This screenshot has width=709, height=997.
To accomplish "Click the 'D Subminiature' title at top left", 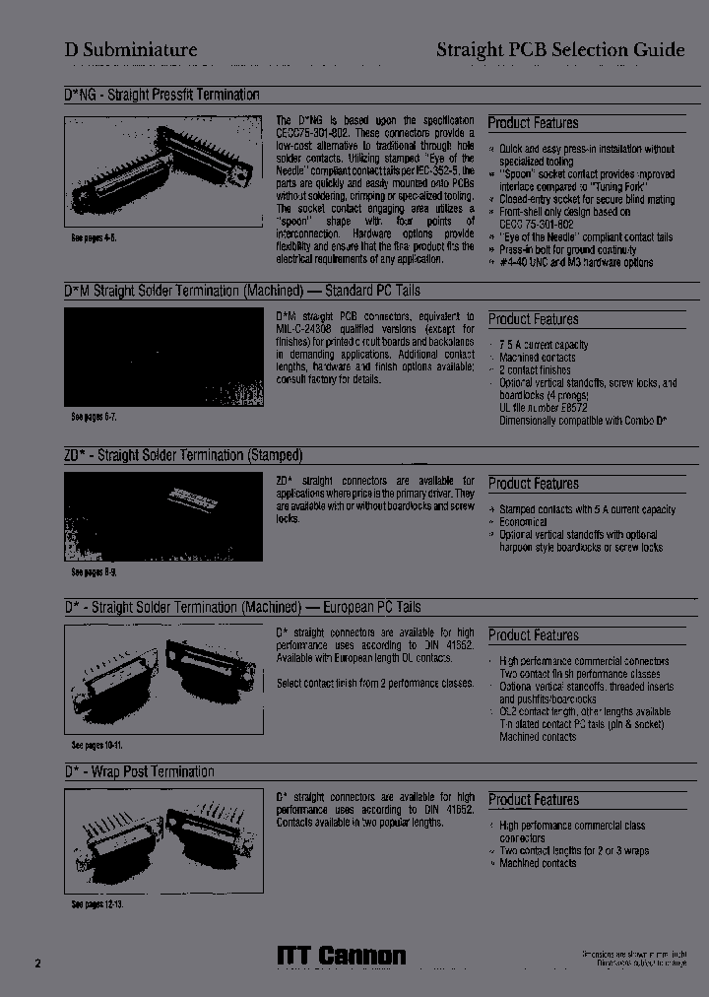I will (x=131, y=50).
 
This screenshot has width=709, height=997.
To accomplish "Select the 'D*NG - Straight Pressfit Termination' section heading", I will (x=161, y=96).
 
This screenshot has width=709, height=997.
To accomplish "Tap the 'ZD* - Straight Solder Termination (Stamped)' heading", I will (x=182, y=455).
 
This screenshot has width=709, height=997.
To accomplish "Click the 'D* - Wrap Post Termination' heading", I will (x=139, y=771).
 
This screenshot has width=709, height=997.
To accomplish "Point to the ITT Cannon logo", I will (x=341, y=956).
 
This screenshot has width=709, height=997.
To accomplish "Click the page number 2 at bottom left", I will (x=38, y=963).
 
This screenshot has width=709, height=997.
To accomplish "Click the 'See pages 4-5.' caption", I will (x=94, y=238).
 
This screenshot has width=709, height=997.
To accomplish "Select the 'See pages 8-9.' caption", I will (x=94, y=571).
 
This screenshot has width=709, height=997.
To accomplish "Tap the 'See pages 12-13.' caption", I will (x=97, y=903).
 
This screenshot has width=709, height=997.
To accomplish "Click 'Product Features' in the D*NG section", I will (x=533, y=123).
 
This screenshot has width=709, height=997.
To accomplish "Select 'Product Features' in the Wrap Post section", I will (x=533, y=800).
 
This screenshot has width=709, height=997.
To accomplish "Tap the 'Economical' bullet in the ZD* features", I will (x=523, y=522).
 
